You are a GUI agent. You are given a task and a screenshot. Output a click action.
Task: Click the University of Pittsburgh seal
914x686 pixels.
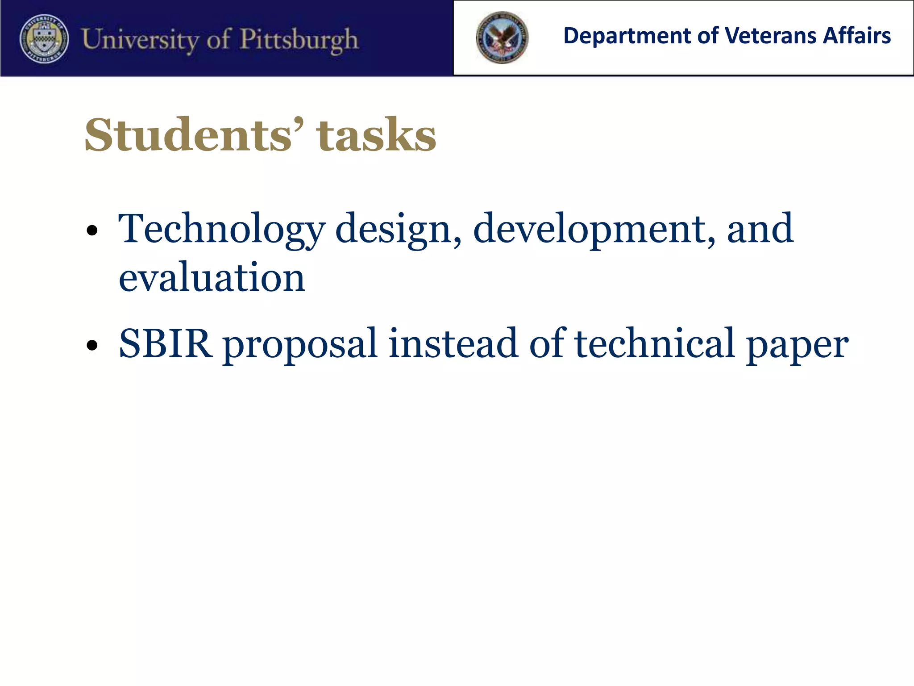(x=44, y=38)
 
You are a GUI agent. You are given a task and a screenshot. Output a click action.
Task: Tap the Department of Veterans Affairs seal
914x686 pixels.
(x=502, y=38)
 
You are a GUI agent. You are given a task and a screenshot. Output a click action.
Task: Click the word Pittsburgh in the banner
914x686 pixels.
(x=299, y=40)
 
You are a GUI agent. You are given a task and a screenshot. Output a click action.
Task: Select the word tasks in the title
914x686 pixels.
(x=376, y=134)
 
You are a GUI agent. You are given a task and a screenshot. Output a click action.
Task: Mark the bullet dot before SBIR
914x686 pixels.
(x=92, y=345)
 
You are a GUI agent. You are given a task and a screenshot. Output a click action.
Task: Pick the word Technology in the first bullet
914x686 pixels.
(x=221, y=229)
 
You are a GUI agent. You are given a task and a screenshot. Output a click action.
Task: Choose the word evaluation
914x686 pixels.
(x=212, y=278)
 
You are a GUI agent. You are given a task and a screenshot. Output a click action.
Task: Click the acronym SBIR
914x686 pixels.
(x=165, y=343)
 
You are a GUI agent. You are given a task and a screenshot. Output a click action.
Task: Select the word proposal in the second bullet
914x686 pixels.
(x=300, y=344)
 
